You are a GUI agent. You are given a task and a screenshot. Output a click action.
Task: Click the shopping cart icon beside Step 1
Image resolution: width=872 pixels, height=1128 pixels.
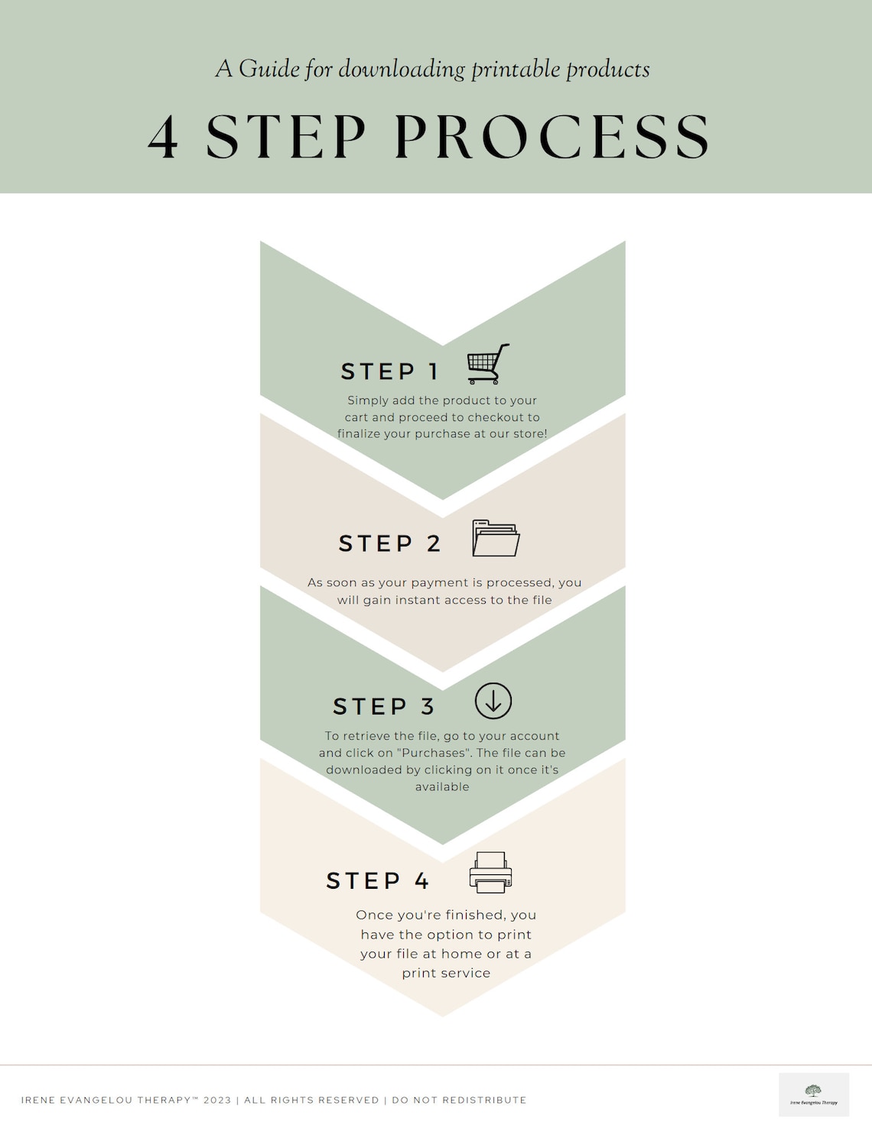click(488, 364)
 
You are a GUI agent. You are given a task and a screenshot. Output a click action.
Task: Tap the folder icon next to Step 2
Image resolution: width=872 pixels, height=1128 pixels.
click(496, 538)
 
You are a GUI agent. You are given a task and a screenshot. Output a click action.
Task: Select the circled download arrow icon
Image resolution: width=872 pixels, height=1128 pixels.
click(493, 701)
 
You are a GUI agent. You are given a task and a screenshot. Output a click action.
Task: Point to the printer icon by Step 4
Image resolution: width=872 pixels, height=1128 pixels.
click(490, 873)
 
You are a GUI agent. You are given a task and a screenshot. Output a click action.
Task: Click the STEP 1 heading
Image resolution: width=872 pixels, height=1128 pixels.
click(389, 371)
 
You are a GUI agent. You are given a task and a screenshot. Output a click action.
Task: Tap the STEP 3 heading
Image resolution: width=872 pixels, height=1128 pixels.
click(384, 706)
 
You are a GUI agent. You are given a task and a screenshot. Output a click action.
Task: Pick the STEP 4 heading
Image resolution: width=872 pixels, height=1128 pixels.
click(378, 880)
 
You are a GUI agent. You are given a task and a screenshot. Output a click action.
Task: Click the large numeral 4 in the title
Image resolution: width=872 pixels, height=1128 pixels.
click(164, 138)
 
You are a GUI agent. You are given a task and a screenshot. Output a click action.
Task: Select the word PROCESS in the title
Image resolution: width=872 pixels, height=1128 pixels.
click(552, 138)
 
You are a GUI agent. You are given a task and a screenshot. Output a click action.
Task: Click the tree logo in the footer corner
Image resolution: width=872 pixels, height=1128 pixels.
click(813, 1091)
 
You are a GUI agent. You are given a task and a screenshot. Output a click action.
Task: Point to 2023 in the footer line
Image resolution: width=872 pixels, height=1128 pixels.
click(217, 1100)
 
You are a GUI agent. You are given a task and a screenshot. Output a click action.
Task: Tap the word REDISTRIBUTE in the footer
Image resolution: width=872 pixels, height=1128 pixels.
click(484, 1100)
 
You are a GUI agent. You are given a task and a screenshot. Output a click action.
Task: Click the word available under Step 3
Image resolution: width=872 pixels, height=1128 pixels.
click(442, 786)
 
